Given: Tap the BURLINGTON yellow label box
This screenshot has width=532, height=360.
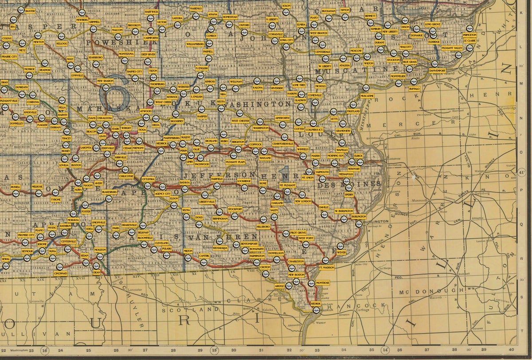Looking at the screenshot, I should pyautogui.click(x=359, y=216).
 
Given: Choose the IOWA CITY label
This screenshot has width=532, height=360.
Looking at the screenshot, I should pyautogui.click(x=287, y=40).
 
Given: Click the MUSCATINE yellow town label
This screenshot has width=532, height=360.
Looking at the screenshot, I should pyautogui.click(x=367, y=96).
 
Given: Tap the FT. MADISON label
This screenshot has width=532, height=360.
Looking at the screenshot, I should pyautogui.click(x=326, y=268).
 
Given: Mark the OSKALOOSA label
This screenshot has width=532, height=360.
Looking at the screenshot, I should pyautogui.click(x=105, y=118).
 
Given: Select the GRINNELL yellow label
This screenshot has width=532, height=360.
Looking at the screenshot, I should pyautogui.click(x=94, y=21).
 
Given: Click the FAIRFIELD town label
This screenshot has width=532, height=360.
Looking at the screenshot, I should pyautogui.click(x=217, y=179).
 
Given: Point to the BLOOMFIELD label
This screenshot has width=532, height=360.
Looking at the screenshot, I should pyautogui.click(x=145, y=238).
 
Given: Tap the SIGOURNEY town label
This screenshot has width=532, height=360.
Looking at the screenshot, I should pyautogui.click(x=177, y=121).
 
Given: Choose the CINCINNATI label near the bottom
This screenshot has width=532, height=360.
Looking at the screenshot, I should pyautogui.click(x=61, y=274).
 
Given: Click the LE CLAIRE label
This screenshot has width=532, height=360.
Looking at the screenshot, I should pyautogui.click(x=469, y=39).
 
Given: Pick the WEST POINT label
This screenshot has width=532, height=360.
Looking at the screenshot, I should pyautogui.click(x=306, y=238).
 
